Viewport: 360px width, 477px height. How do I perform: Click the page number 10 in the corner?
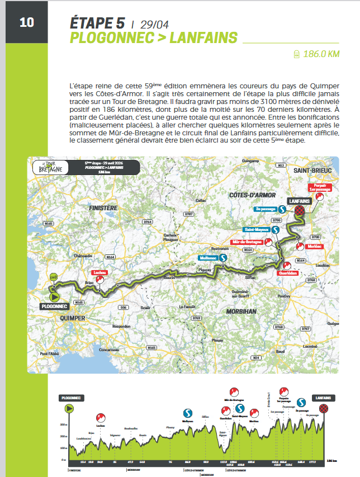(26, 22)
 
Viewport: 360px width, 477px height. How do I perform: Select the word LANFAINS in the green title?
(203, 37)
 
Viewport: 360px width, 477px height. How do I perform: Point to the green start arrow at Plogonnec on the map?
(55, 296)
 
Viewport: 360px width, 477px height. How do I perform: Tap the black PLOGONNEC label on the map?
(55, 306)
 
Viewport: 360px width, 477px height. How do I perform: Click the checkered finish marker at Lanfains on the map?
(300, 210)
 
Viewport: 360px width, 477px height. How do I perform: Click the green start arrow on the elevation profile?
(70, 409)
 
